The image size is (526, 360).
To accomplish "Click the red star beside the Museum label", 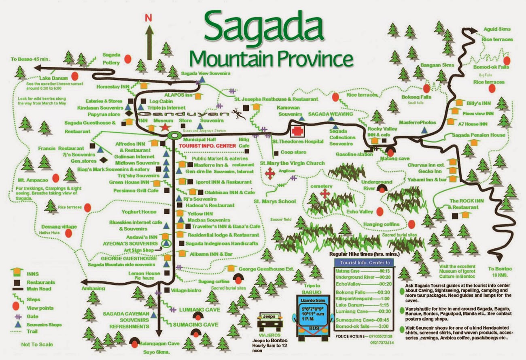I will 164,127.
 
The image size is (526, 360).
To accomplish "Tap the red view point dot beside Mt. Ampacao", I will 56,178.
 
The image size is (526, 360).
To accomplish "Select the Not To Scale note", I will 37,345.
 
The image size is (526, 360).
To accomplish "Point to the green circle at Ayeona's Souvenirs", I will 165,243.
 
